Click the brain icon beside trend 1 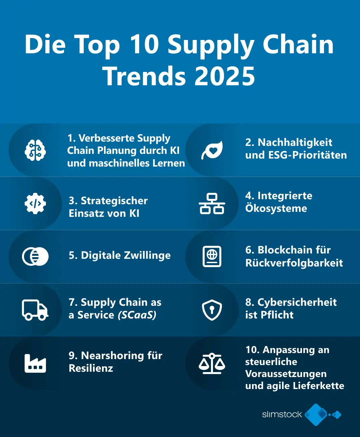click(x=35, y=150)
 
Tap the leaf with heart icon click(x=212, y=150)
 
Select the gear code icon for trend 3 click(x=35, y=203)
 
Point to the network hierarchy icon click(x=212, y=203)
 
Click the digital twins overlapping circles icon click(x=35, y=256)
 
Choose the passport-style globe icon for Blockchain click(x=212, y=256)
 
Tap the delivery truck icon click(x=35, y=310)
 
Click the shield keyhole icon click(x=212, y=310)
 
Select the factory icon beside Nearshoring click(x=35, y=363)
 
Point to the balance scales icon click(x=212, y=363)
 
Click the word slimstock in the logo click(x=282, y=415)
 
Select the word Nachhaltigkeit click(x=295, y=143)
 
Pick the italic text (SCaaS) click(x=137, y=315)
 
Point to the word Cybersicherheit click(x=297, y=302)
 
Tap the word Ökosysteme click(x=276, y=209)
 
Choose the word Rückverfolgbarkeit click(x=294, y=263)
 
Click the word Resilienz click(x=91, y=368)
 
